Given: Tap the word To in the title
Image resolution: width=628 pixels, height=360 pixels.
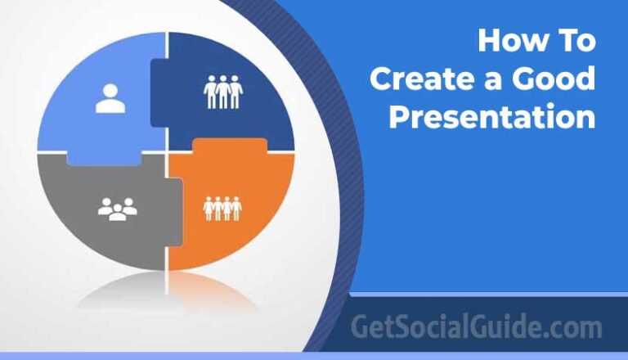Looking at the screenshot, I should tap(576, 41).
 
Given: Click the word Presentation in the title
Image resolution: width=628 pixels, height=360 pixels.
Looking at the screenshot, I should tap(491, 118).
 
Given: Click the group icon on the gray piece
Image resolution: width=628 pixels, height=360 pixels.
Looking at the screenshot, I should tap(117, 209).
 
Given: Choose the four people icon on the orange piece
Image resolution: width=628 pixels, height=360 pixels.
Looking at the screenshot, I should tap(222, 209).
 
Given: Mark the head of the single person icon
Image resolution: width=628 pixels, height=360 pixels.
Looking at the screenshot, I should tap(110, 90).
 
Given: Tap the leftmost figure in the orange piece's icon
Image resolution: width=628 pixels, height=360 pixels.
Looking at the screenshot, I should tap(209, 209).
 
